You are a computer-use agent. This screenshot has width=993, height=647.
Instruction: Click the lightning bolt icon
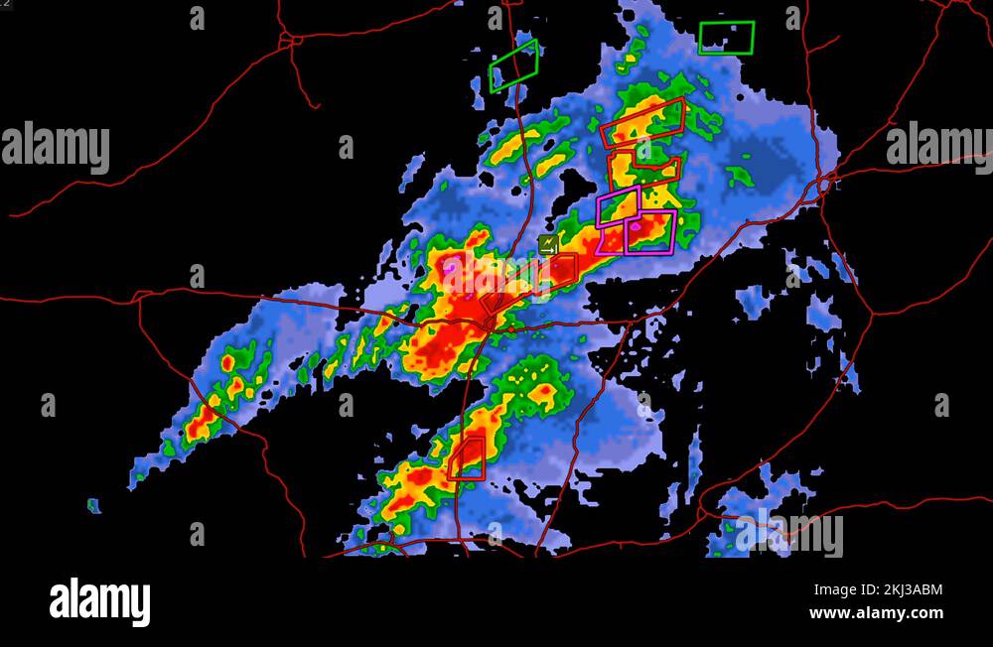click(x=547, y=243)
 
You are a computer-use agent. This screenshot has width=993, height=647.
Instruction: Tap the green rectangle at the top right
click(x=726, y=38)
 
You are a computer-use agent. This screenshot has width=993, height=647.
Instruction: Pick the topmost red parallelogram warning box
click(x=642, y=123)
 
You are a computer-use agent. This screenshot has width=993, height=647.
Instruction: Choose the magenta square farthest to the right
click(x=650, y=232)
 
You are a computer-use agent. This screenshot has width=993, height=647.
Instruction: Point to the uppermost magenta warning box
click(x=618, y=204)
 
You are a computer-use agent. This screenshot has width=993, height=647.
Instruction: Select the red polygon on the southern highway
click(x=467, y=458)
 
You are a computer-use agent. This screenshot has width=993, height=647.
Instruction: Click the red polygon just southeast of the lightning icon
click(x=563, y=269)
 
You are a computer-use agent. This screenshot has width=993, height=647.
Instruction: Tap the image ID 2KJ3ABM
click(x=905, y=590)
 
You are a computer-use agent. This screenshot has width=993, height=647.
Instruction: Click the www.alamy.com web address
click(x=876, y=613)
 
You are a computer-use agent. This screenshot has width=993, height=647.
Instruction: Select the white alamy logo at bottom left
click(x=99, y=602)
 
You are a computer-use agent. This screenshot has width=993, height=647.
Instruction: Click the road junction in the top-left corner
click(x=287, y=40)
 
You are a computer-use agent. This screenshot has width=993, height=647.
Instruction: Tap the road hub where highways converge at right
click(x=826, y=182)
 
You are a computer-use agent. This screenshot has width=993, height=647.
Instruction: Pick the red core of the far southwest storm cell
click(x=202, y=426)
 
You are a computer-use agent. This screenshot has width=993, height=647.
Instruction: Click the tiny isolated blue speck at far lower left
click(x=93, y=506)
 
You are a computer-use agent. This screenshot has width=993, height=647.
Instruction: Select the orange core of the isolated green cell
click(x=542, y=393)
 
